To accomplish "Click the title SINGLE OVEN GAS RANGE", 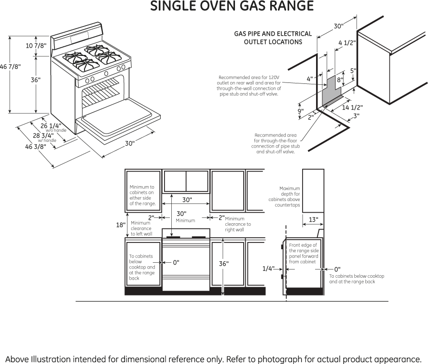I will pyautogui.click(x=232, y=7).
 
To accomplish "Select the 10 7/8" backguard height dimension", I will pyautogui.click(x=36, y=46).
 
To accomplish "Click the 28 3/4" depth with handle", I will pyautogui.click(x=43, y=136).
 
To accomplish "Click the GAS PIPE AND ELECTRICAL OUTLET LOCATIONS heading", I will pyautogui.click(x=273, y=38).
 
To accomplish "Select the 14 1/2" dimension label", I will pyautogui.click(x=352, y=107).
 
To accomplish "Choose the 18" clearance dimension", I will pyautogui.click(x=120, y=225).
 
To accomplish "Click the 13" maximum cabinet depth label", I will pyautogui.click(x=313, y=220).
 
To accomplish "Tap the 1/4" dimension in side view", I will pyautogui.click(x=268, y=269).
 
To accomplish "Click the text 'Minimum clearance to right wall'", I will pyautogui.click(x=237, y=224).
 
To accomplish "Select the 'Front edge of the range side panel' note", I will pyautogui.click(x=303, y=254).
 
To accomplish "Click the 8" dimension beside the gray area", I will pyautogui.click(x=340, y=80).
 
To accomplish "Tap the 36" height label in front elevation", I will pyautogui.click(x=224, y=264).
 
